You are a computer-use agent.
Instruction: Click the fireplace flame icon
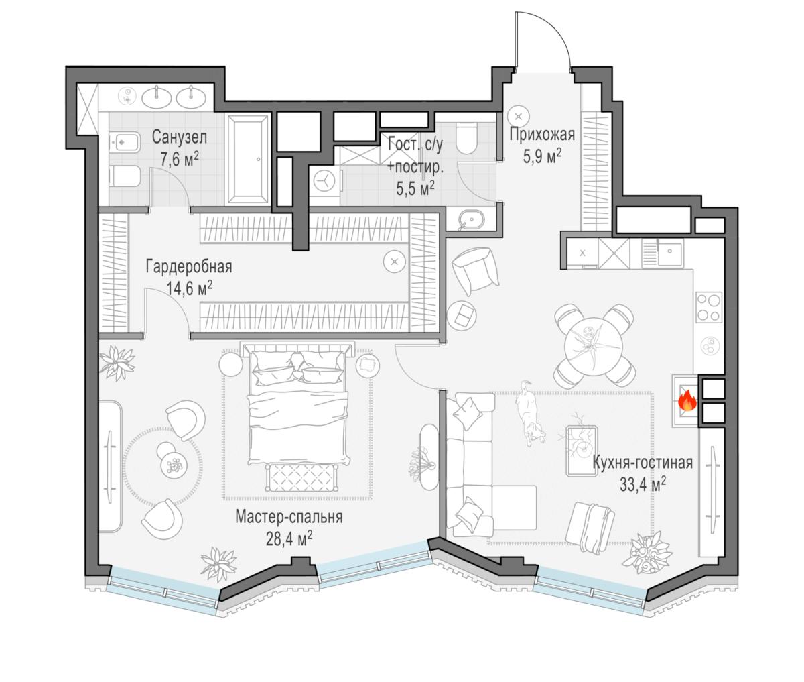pos(687,401)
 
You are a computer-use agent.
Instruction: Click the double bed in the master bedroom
pos(298,405)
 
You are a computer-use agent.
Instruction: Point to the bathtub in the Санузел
pos(248,159)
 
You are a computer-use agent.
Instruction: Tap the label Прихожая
pos(542,135)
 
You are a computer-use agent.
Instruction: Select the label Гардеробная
pos(189,267)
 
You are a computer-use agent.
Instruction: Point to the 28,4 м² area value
pos(289,540)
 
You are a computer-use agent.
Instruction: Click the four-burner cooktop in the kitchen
pos(708,308)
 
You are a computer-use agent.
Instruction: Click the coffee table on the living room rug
pos(581,451)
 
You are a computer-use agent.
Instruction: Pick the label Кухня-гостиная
pos(643,463)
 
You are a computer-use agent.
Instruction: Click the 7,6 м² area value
pos(180,159)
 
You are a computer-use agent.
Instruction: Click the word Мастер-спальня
pos(289,517)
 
